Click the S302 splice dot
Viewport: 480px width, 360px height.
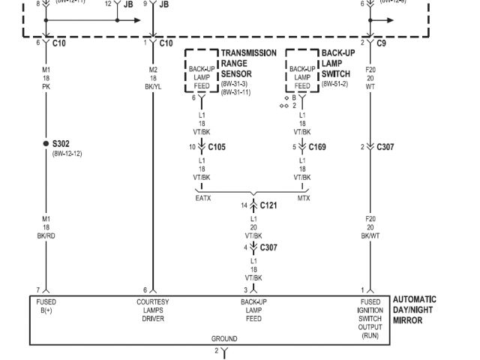pos(46,143)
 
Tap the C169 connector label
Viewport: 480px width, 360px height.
pos(316,147)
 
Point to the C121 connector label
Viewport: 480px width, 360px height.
pos(268,205)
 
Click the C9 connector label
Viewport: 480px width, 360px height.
pos(382,43)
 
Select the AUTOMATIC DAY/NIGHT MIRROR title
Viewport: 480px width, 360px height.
pos(414,310)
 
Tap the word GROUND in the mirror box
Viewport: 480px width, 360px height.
pos(223,339)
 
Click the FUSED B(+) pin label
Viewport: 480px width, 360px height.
pos(46,306)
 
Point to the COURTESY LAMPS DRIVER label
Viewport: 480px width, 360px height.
pos(153,310)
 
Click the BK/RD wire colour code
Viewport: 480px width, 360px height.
pos(46,235)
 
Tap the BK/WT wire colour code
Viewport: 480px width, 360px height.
pos(370,235)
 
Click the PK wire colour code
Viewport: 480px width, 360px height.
pos(46,87)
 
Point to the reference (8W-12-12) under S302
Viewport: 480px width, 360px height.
pos(67,153)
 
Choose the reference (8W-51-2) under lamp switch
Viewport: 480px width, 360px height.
pos(336,83)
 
